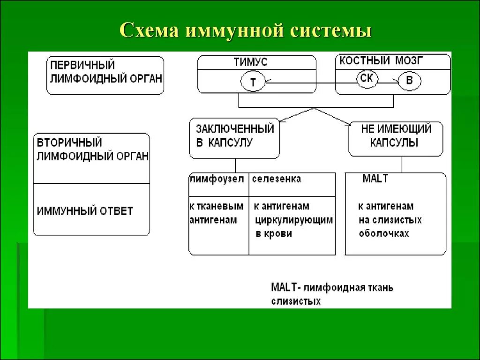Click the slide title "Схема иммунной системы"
pos(246,31)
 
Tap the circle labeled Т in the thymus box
pos(253,82)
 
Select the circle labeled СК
pos(367,78)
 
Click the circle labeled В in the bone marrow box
pos(409,81)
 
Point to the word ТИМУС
pos(250,62)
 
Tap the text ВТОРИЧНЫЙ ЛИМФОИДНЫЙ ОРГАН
pos(92,150)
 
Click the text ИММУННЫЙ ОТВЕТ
pos(85,211)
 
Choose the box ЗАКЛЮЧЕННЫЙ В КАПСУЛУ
pos(234,135)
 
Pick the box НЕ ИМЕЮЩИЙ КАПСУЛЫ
pos(395,135)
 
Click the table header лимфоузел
pos(217,180)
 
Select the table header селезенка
pos(277,180)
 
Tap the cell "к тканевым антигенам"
pos(216,213)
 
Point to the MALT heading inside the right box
pos(375,179)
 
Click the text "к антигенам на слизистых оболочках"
pos(390,220)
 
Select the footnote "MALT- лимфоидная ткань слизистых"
pos(332,294)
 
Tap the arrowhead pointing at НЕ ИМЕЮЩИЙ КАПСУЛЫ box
pos(348,124)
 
